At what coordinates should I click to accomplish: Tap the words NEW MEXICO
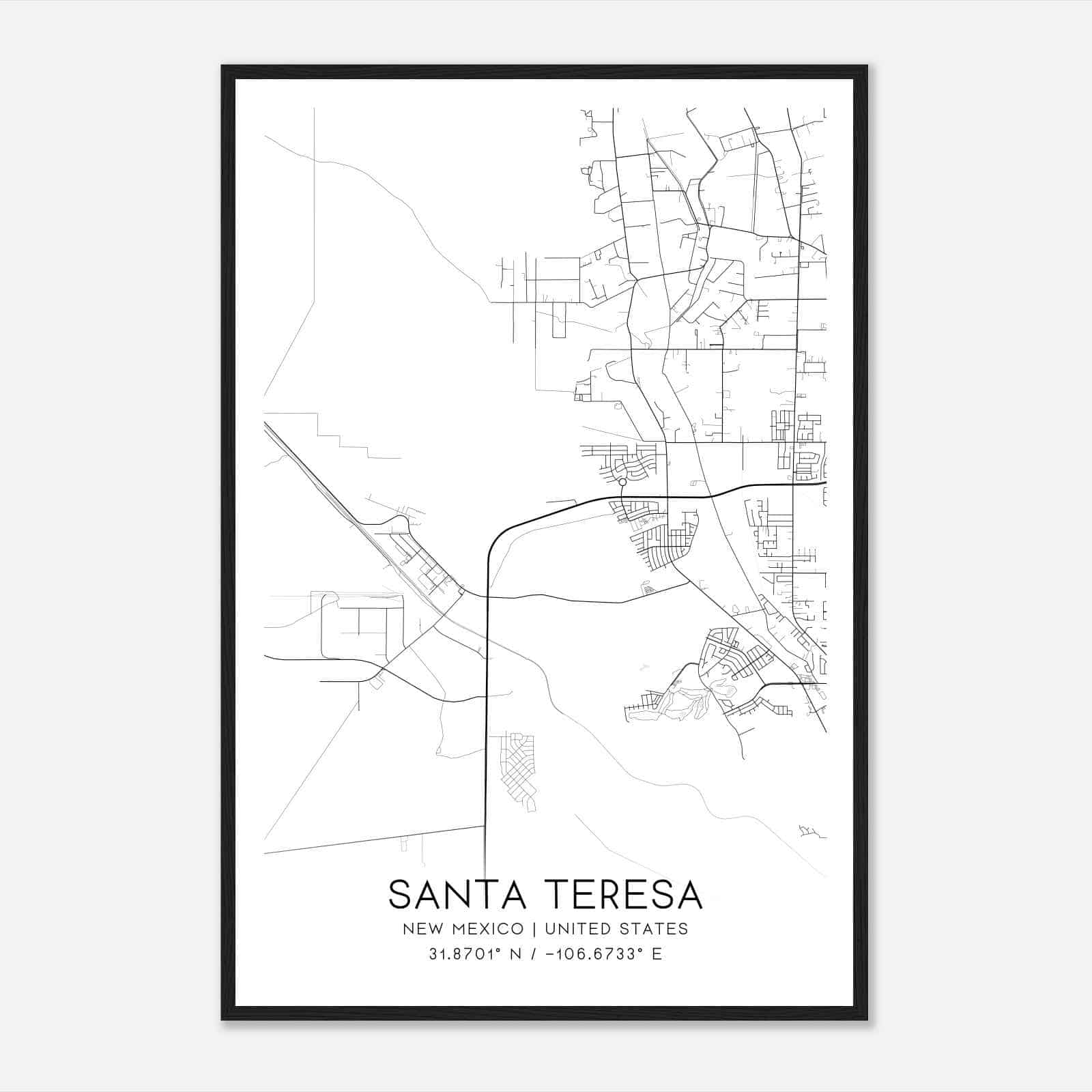coord(463,929)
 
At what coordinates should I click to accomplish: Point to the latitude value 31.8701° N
coord(475,954)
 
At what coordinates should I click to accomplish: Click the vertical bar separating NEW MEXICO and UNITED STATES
coord(534,929)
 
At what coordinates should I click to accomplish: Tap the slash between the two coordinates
coord(533,954)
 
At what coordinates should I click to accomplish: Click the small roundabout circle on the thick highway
coord(622,482)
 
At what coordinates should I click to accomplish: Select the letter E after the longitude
coord(657,954)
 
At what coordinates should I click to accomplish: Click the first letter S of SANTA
coord(399,895)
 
